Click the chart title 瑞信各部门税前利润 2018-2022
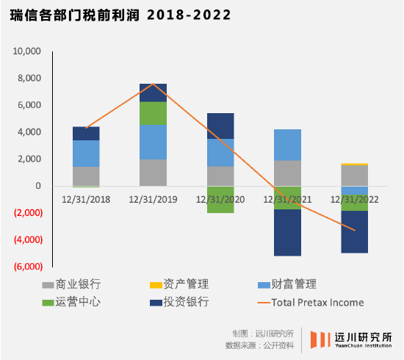120,15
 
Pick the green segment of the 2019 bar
153,113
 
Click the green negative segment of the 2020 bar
220,199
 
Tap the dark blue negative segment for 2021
286,232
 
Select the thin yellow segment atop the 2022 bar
354,165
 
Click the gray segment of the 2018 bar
86,176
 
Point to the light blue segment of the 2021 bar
286,145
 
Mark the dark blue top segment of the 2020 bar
220,126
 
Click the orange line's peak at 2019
153,84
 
